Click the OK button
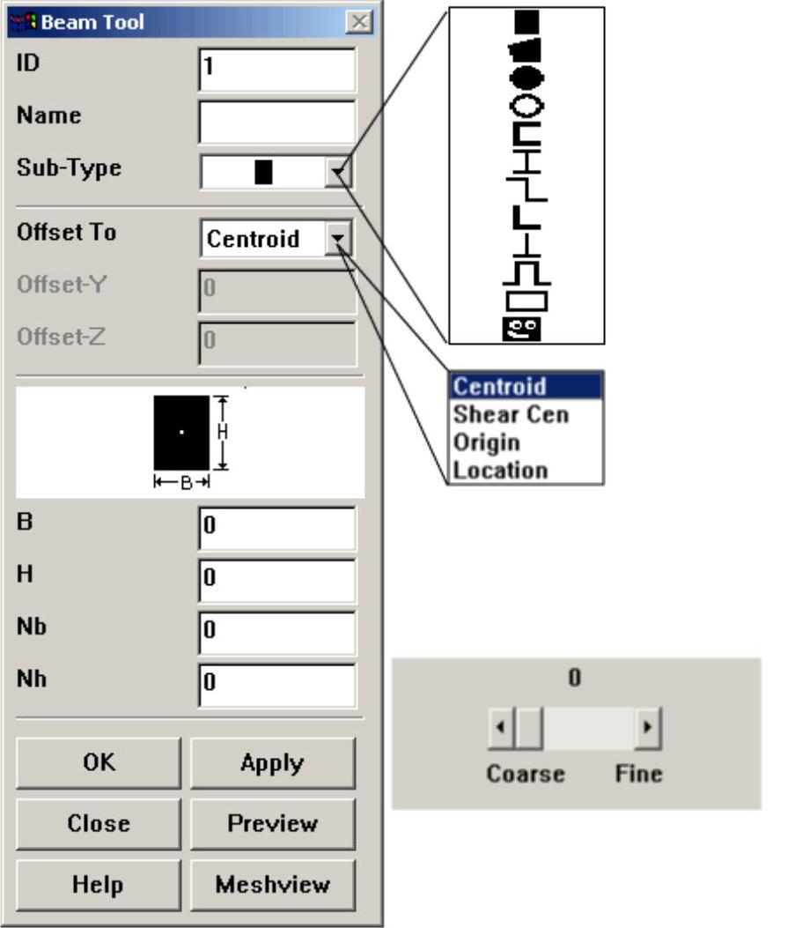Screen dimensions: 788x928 pos(98,763)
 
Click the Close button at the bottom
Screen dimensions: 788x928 pos(98,824)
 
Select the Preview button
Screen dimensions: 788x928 pos(273,824)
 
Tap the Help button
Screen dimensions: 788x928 pos(98,885)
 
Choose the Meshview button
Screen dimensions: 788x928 pos(273,885)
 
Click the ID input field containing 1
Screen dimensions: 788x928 pos(277,70)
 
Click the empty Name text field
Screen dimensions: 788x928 pos(277,122)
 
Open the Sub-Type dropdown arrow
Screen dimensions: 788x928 pos(339,174)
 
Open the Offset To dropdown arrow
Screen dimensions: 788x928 pos(339,239)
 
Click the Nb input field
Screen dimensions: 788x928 pos(277,632)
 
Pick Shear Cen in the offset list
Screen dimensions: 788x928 pos(511,414)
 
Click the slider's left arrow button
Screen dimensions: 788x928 pos(500,729)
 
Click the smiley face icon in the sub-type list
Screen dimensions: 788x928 pos(527,330)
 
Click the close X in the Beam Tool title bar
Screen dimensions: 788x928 pos(357,22)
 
